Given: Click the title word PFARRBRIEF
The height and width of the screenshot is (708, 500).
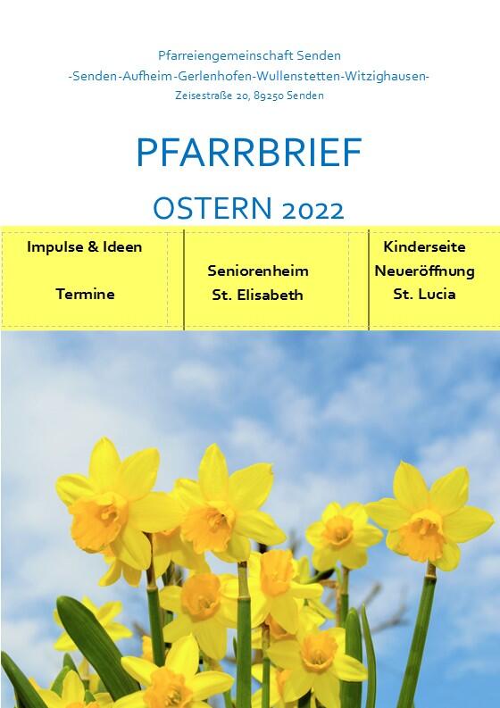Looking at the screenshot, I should pyautogui.click(x=249, y=154).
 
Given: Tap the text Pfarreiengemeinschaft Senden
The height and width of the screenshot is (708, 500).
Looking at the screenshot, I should pyautogui.click(x=249, y=56).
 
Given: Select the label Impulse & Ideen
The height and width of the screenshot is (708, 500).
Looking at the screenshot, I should pyautogui.click(x=84, y=247).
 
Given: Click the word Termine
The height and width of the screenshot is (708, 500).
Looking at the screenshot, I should pyautogui.click(x=85, y=294).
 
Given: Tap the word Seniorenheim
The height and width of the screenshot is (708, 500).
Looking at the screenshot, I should pyautogui.click(x=258, y=271).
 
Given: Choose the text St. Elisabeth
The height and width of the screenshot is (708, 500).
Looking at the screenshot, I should pyautogui.click(x=257, y=295).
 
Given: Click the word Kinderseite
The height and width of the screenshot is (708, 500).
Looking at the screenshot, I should pyautogui.click(x=424, y=246).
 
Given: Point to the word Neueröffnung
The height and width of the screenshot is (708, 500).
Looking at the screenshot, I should pyautogui.click(x=424, y=271).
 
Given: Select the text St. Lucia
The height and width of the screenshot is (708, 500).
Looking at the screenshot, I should pyautogui.click(x=424, y=294).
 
